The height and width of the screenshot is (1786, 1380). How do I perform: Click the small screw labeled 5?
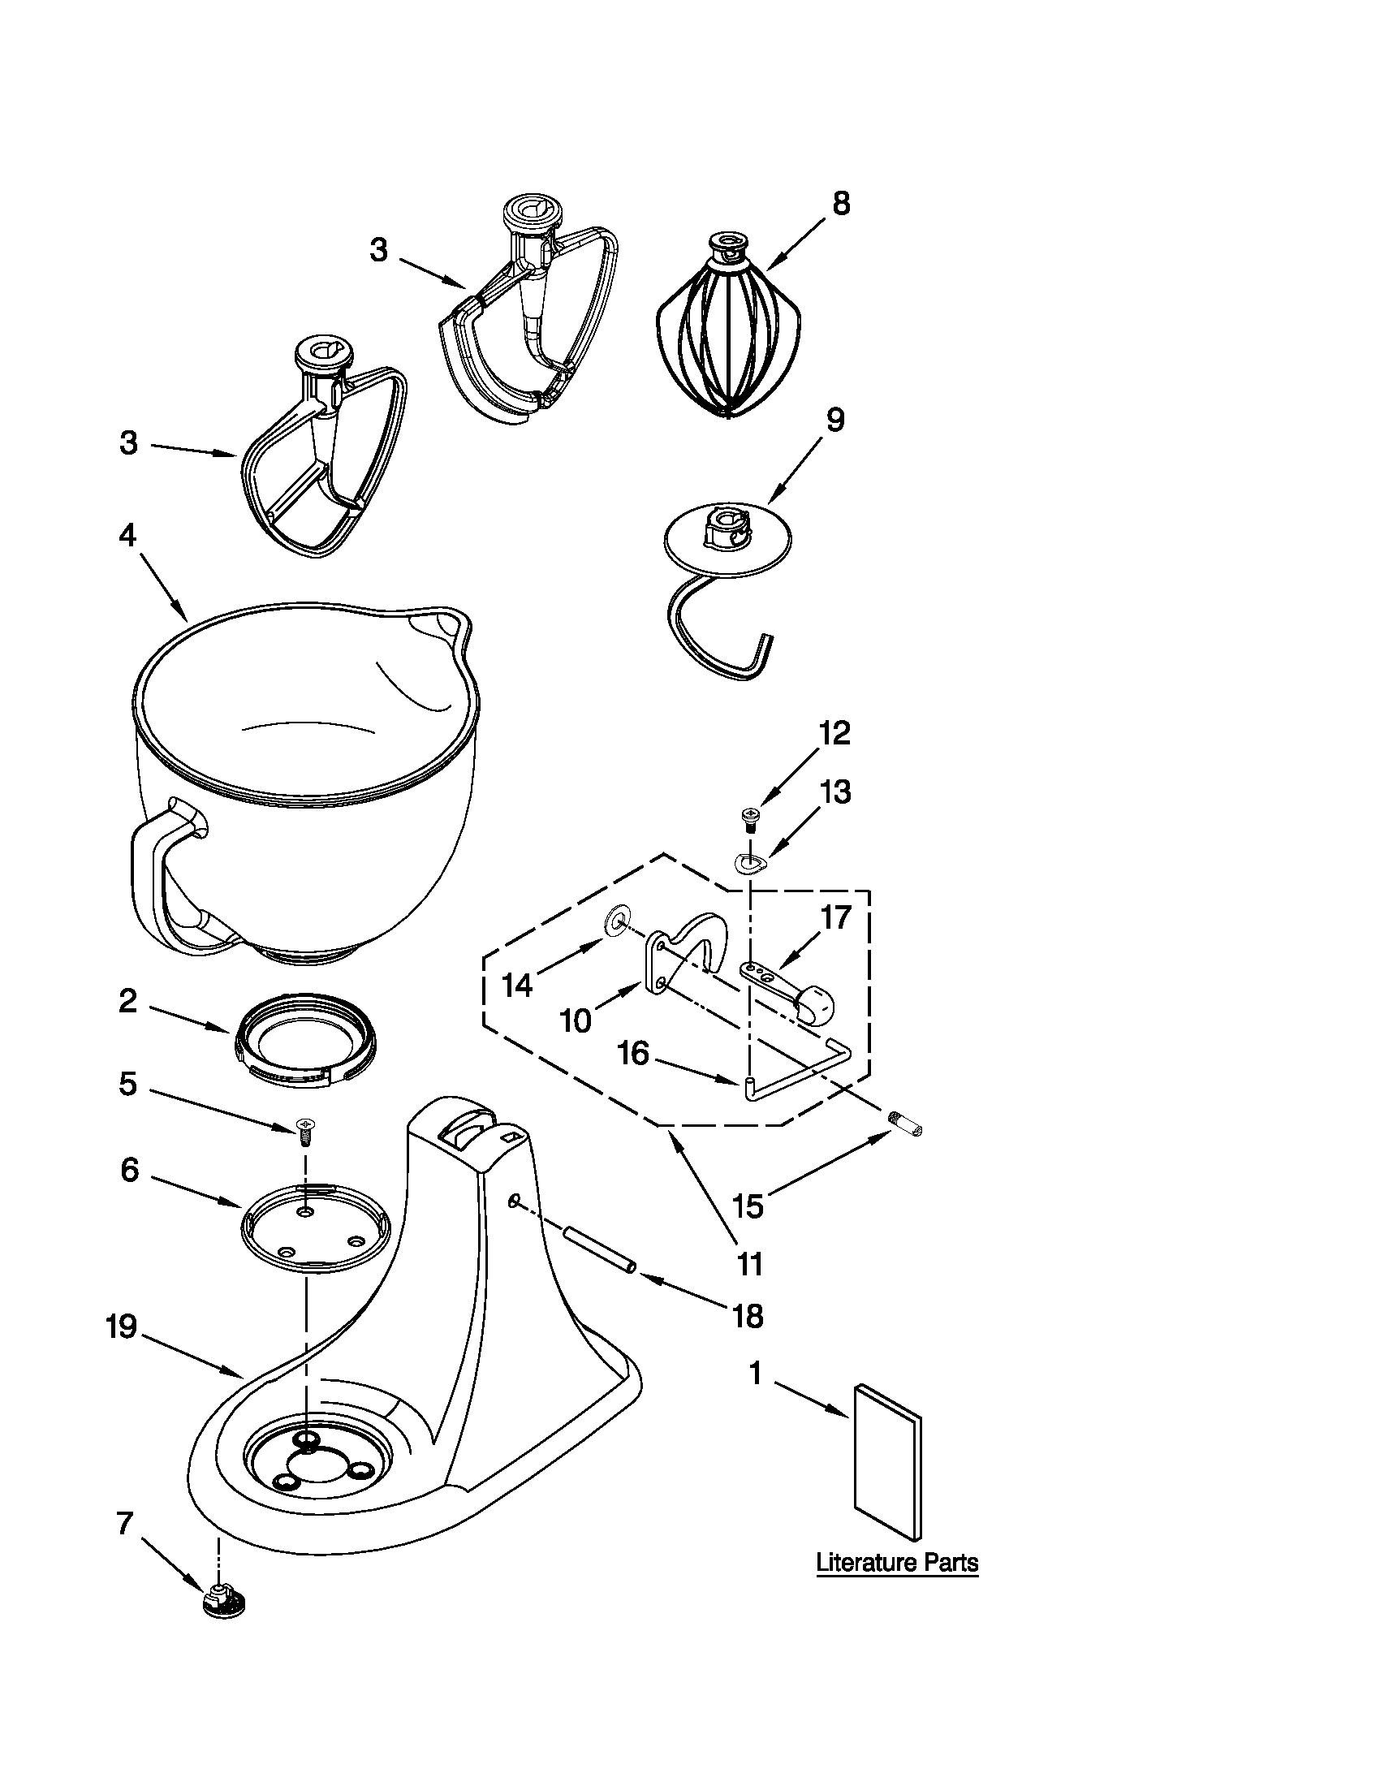[305, 1132]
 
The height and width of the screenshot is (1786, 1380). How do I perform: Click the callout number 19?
[121, 1327]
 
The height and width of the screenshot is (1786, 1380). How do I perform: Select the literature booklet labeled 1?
[887, 1462]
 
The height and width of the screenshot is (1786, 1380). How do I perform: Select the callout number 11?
[749, 1263]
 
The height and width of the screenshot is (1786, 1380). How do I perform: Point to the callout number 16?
[634, 1053]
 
